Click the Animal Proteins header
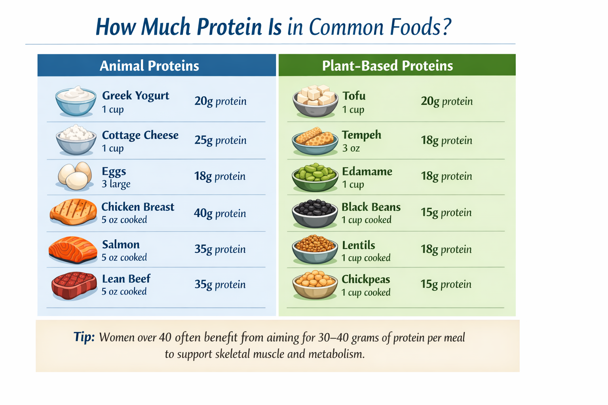[x=149, y=66]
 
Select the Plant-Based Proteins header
[x=387, y=66]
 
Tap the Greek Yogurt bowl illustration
[x=76, y=101]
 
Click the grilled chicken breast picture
[x=74, y=212]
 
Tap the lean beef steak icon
[x=74, y=285]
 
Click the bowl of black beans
[x=315, y=213]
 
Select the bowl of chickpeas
[x=315, y=284]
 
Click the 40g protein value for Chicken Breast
[x=220, y=214]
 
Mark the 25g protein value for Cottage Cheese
[x=220, y=140]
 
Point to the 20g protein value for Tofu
[x=446, y=101]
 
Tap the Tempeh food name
[x=361, y=135]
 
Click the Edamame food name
[x=367, y=171]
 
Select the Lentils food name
[x=358, y=245]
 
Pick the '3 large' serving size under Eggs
[x=116, y=184]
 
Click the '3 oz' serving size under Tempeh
[x=351, y=148]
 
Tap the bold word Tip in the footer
[x=84, y=337]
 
